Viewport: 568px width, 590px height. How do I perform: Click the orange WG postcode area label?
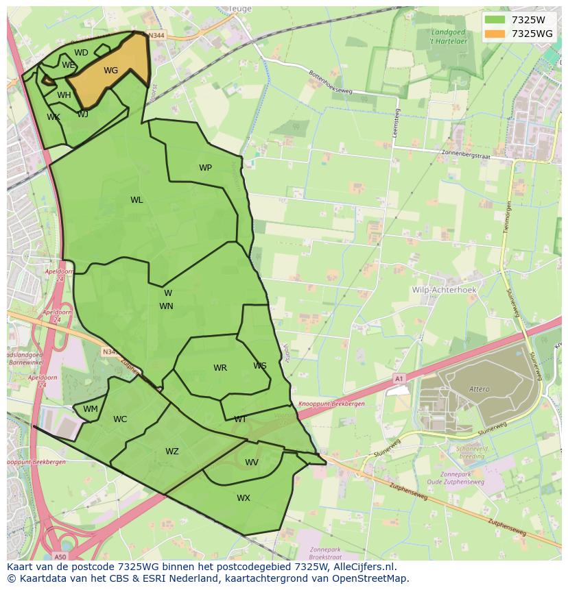[110, 71]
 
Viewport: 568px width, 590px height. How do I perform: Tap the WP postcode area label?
[205, 168]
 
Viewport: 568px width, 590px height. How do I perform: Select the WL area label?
[137, 200]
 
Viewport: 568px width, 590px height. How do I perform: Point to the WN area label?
[166, 306]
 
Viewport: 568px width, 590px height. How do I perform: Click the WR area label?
[220, 368]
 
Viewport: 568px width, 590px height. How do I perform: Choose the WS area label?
[259, 366]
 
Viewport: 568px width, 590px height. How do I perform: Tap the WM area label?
[91, 409]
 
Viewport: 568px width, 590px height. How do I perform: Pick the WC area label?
[120, 419]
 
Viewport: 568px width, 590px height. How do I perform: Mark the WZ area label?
[171, 452]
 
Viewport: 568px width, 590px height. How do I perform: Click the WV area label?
[252, 463]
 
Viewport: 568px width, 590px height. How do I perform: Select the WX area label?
[244, 498]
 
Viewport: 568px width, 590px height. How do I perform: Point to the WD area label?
[81, 53]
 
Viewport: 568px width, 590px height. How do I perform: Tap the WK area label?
[54, 117]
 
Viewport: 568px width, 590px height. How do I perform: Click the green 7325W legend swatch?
[494, 20]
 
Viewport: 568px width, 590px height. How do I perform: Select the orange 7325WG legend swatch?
[494, 34]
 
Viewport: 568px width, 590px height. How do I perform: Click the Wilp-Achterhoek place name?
[443, 290]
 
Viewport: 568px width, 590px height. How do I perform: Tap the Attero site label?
[480, 389]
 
